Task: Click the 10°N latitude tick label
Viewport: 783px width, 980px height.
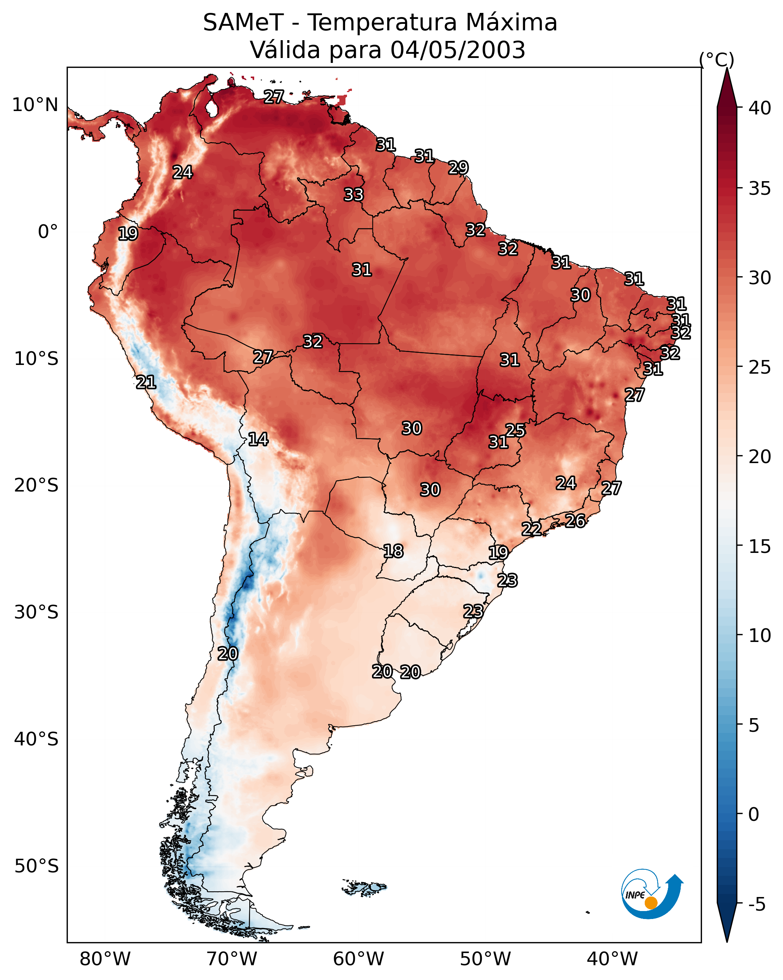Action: click(35, 105)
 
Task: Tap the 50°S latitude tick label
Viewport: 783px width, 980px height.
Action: click(36, 866)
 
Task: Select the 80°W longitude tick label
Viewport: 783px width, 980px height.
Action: click(105, 959)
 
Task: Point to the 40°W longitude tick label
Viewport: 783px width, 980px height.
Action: click(612, 959)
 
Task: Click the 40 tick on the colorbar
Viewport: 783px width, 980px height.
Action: click(760, 108)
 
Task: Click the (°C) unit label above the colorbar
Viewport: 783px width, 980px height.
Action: click(717, 59)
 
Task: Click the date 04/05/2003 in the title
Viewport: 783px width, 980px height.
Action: click(458, 50)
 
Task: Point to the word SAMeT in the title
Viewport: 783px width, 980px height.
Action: click(243, 23)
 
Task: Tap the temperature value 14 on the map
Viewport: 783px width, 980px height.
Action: click(258, 439)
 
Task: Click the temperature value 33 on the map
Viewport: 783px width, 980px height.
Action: click(353, 194)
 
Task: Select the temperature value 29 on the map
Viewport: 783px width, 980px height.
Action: click(458, 168)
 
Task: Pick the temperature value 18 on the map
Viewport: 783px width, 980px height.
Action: click(393, 551)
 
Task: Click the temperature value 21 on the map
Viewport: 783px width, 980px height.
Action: click(146, 382)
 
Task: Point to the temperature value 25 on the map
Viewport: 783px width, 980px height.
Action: click(515, 430)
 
